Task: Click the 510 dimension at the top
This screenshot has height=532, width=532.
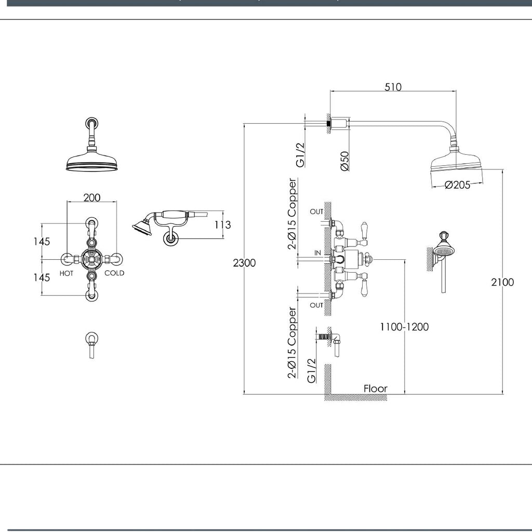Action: pos(393,87)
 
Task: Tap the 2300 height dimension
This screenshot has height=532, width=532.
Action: pos(244,263)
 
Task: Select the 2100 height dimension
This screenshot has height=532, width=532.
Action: pos(502,282)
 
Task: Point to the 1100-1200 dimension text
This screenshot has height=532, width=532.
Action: pos(404,327)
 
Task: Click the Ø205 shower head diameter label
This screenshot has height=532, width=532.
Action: pos(457,184)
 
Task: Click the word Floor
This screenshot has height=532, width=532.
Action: pos(375,388)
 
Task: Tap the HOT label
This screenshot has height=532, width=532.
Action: pos(66,273)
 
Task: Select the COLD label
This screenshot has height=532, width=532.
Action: pos(114,273)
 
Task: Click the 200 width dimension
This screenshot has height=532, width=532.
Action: pos(92,197)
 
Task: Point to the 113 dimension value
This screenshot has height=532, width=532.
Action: pos(222,225)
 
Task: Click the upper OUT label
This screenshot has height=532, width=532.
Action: pos(316,211)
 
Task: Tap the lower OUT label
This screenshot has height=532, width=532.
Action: pos(316,305)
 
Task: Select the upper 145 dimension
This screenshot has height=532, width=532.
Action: pos(41,242)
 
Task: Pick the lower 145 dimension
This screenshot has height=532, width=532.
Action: pos(41,277)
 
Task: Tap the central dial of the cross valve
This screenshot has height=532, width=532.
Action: pos(91,259)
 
